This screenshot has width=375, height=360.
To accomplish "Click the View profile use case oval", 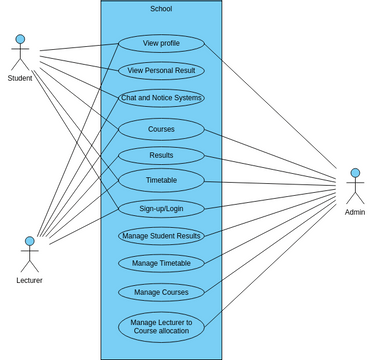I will point(161,44).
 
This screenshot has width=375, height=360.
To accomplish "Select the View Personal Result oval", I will point(161,71).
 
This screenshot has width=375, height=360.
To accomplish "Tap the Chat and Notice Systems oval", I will point(161,98).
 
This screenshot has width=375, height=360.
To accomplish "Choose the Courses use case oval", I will point(161,129).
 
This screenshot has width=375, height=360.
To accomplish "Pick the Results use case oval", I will point(161,156).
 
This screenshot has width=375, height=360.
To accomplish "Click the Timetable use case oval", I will point(161,181).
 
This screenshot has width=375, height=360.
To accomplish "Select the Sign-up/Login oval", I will point(161,209).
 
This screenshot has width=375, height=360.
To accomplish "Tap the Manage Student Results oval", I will point(161,236).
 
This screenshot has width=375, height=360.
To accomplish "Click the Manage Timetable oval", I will point(161,263).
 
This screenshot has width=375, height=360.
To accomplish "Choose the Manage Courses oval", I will point(161,292).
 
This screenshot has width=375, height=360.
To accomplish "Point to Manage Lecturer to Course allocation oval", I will point(161,326).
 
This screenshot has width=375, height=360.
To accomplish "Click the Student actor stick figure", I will point(19,54).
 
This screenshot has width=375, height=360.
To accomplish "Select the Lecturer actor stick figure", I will point(29,255).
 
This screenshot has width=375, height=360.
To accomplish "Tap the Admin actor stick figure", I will point(354,188).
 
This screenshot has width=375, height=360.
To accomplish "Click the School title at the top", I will point(161,9).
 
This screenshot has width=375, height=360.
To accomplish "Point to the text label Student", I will point(19,78).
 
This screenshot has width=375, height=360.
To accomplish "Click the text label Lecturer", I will point(29,280).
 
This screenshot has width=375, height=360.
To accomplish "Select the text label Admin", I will point(354,213).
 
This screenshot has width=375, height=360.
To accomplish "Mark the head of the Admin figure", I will point(354,174).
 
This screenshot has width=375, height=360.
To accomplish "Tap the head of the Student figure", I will point(19,40).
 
